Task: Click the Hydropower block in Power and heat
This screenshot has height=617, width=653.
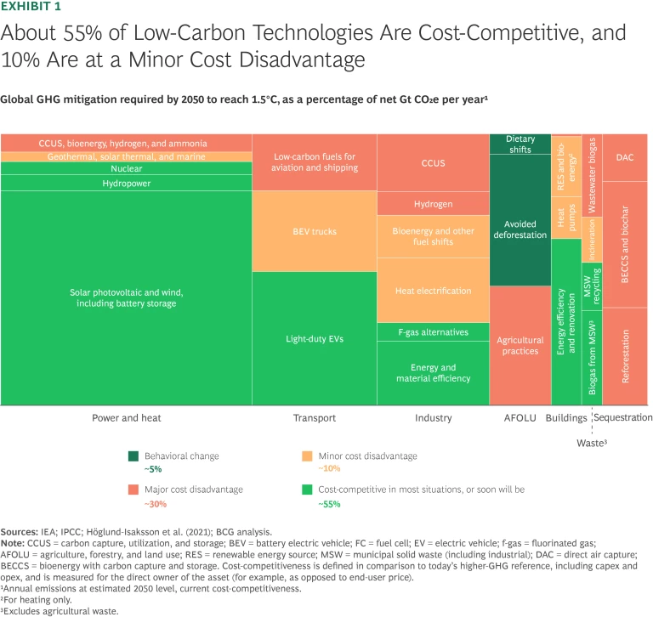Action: tap(127, 183)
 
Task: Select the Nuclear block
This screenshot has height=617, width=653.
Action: tap(127, 169)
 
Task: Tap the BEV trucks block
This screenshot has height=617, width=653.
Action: tap(313, 231)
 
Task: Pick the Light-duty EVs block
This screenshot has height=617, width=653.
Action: tap(313, 338)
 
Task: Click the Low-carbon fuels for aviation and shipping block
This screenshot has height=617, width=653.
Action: tap(313, 161)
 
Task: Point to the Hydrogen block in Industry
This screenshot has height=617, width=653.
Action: tap(433, 204)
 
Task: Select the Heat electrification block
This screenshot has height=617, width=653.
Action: tap(433, 291)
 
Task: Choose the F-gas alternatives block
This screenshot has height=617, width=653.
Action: tap(433, 331)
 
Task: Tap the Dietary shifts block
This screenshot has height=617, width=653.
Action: tap(520, 144)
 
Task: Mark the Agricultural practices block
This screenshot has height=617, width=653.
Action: tap(520, 344)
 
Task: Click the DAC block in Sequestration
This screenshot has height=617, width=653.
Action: tap(624, 156)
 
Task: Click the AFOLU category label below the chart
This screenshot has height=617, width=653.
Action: tap(520, 418)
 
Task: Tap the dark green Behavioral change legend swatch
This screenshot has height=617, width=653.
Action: tap(134, 456)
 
